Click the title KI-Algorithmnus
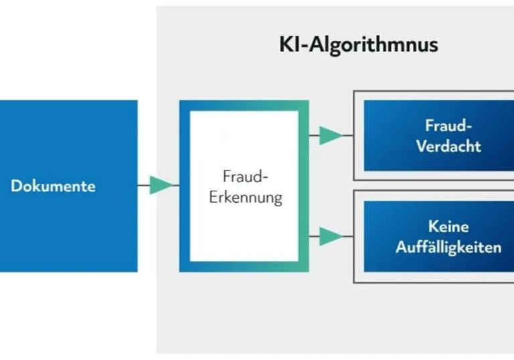[x=358, y=45]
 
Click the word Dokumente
[x=53, y=186]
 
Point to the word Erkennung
[x=246, y=198]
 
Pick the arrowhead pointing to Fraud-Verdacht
[x=330, y=135]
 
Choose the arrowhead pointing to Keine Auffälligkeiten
[x=330, y=236]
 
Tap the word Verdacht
[x=448, y=146]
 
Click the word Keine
[x=448, y=227]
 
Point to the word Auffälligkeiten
[x=448, y=247]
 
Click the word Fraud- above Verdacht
[x=448, y=125]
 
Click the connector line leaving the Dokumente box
[x=143, y=185]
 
